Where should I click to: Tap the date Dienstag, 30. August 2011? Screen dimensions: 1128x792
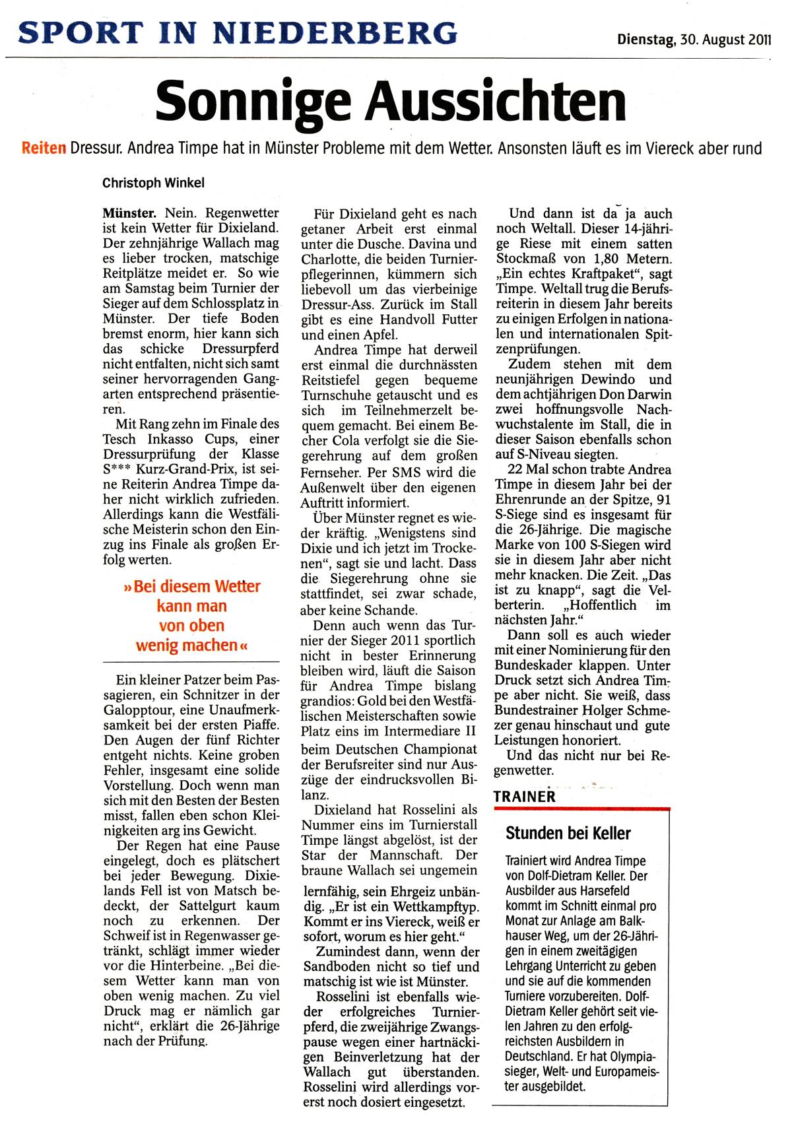pos(694,40)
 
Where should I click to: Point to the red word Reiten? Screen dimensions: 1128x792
pos(44,148)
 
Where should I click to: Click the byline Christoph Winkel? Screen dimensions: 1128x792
pos(153,183)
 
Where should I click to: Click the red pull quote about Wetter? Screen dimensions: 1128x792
pos(191,615)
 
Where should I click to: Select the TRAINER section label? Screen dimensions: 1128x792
pos(525,797)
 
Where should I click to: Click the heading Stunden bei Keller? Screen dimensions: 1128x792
pos(568,833)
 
